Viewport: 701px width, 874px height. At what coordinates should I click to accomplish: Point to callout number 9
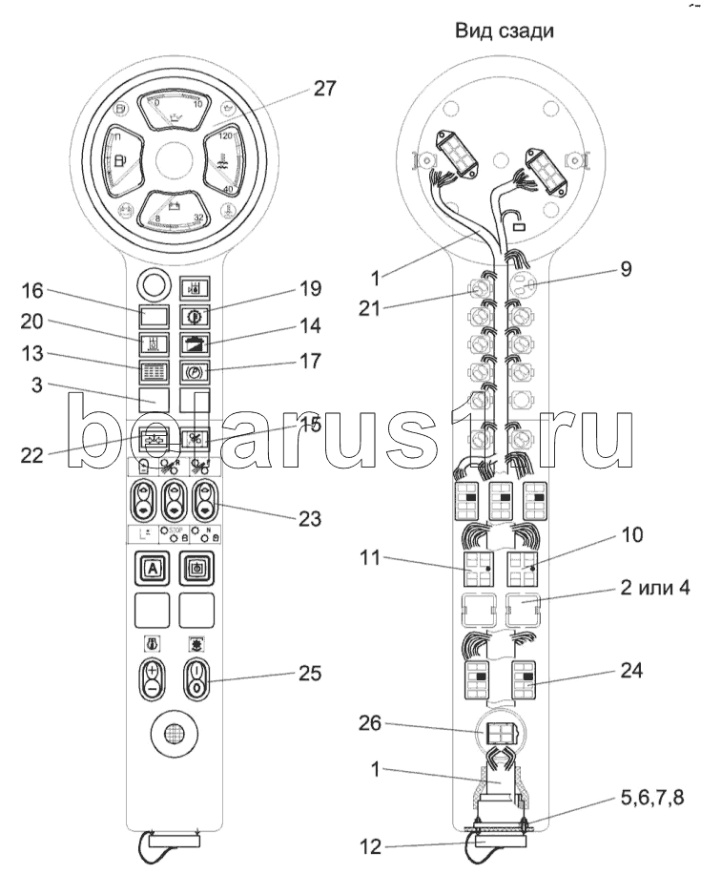click(624, 269)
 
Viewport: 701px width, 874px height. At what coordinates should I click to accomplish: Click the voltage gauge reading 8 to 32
click(174, 216)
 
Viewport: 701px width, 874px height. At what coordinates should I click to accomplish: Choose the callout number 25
click(310, 674)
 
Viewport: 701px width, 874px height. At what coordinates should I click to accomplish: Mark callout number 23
click(310, 520)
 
